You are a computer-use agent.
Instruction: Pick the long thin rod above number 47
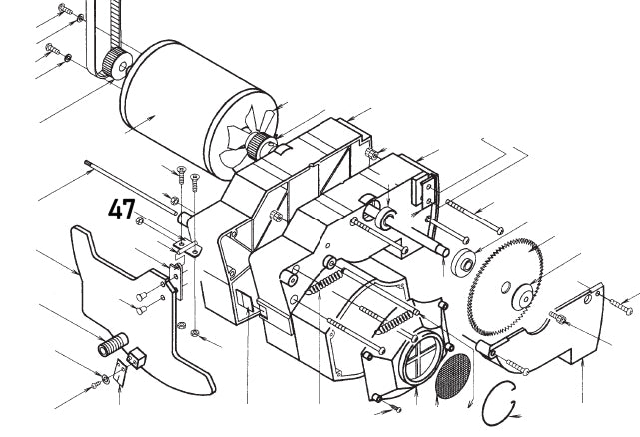[130, 186]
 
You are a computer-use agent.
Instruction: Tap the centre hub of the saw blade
[523, 296]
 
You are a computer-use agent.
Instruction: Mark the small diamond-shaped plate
[119, 374]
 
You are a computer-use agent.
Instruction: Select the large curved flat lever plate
[150, 299]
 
